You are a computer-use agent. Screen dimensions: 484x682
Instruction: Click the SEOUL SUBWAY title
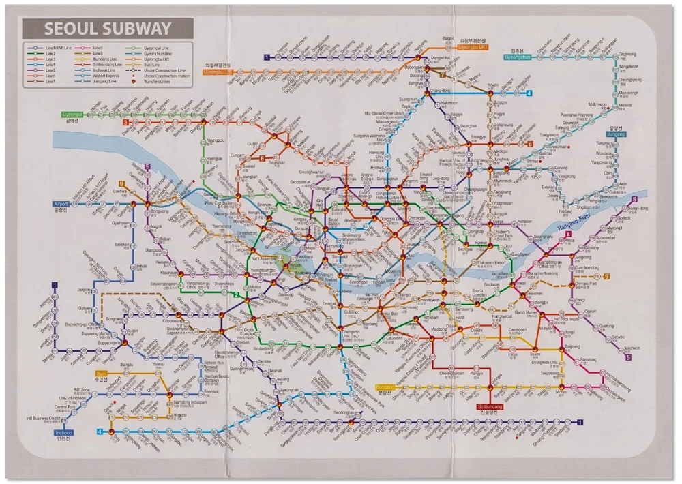pos(107,29)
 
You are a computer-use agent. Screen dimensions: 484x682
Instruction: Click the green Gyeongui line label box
pos(76,114)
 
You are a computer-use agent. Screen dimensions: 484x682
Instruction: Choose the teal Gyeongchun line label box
pos(517,57)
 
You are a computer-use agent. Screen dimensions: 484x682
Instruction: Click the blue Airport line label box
pos(61,204)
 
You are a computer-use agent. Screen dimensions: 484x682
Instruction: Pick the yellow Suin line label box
pos(102,374)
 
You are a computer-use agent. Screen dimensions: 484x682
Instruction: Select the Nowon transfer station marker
pos(490,93)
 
